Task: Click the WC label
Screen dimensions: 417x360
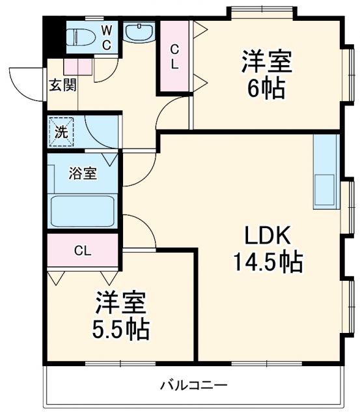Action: click(x=107, y=36)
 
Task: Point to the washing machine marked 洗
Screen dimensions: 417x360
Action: click(x=61, y=132)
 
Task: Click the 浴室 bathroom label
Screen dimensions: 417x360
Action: click(x=83, y=174)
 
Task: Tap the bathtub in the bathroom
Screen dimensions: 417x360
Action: click(x=83, y=210)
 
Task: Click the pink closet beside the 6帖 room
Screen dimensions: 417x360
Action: click(x=174, y=57)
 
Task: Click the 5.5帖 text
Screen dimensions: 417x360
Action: click(x=120, y=328)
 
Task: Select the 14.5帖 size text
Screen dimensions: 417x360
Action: click(x=267, y=262)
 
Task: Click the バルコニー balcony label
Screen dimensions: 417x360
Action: click(x=194, y=385)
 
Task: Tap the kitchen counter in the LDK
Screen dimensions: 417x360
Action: click(x=325, y=172)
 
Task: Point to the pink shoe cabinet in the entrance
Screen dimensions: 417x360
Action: click(x=76, y=66)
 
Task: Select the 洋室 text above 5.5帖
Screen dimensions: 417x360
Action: click(x=121, y=303)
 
